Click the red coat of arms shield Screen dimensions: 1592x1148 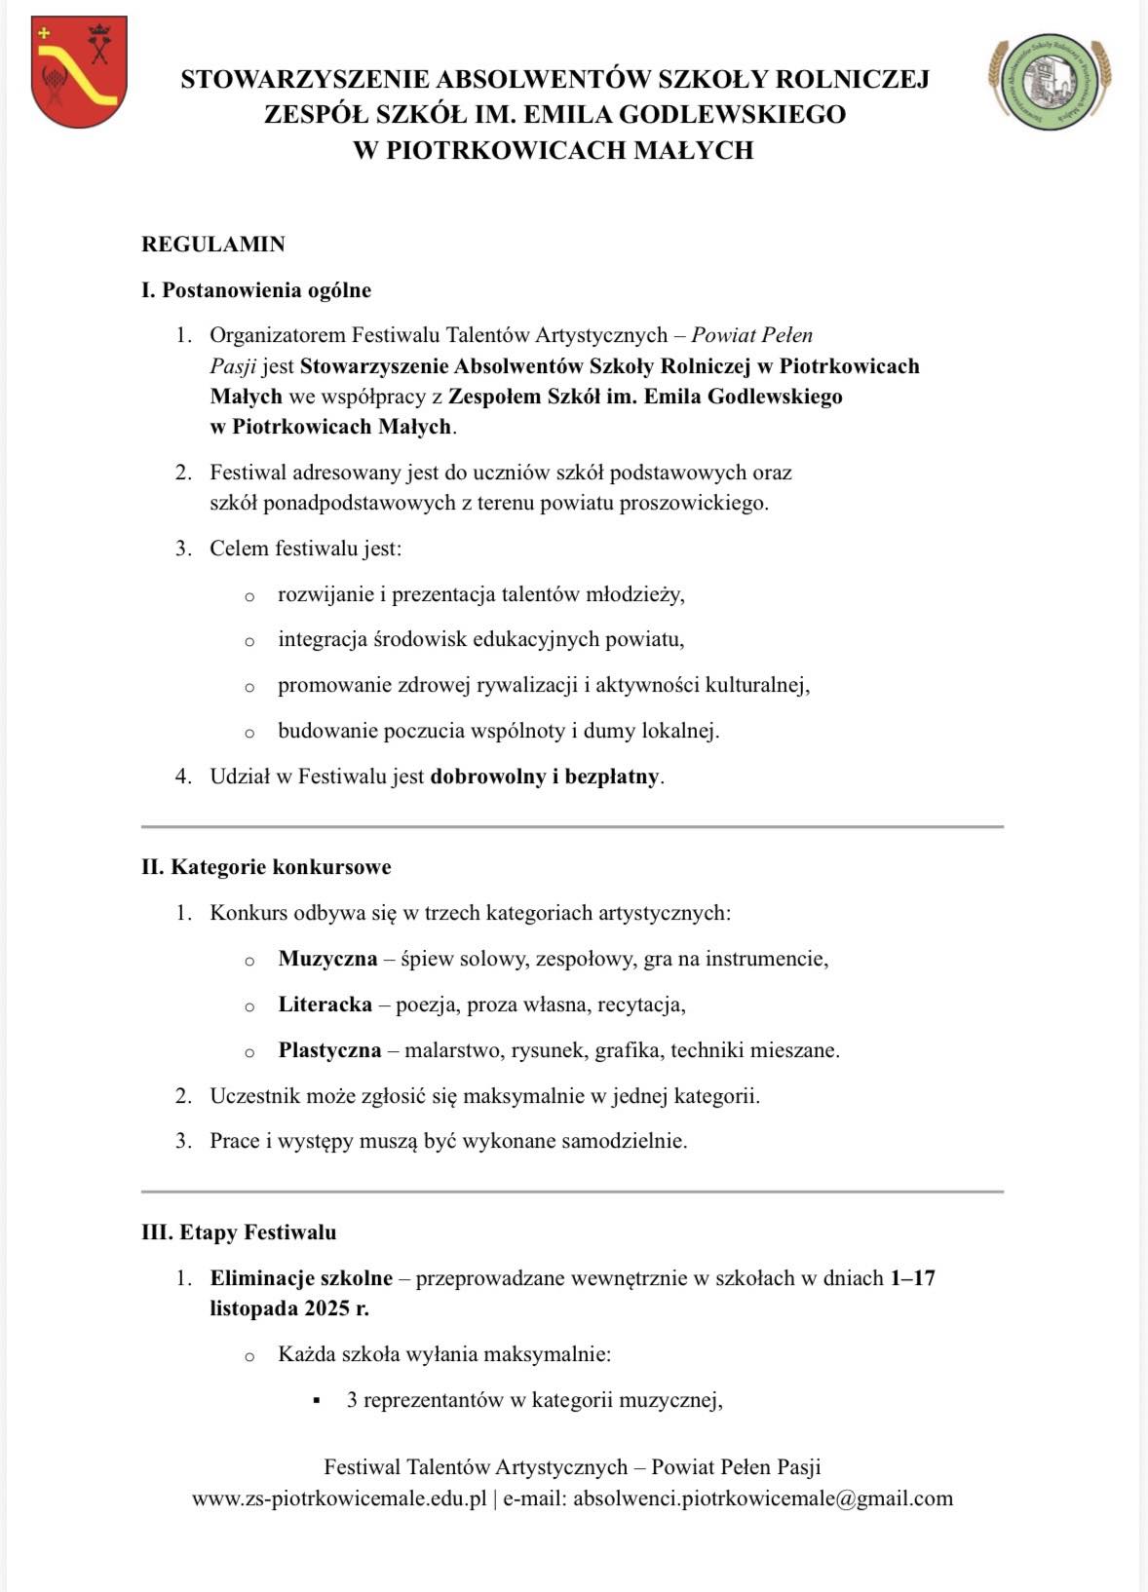(78, 71)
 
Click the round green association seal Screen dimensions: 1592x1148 (1051, 83)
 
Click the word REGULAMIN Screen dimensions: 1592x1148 (213, 245)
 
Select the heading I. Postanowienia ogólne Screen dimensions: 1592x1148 (256, 290)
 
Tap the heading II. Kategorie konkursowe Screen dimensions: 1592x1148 (266, 867)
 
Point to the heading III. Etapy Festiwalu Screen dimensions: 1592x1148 (239, 1232)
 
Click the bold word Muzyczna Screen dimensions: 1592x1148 (327, 959)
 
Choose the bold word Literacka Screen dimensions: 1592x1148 (325, 1004)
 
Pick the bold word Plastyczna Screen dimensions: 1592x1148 (329, 1050)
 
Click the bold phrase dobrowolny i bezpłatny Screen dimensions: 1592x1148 (545, 777)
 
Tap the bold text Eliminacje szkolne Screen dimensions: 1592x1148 (301, 1278)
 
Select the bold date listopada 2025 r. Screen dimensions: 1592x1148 (289, 1308)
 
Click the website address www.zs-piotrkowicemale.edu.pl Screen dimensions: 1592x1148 (339, 1498)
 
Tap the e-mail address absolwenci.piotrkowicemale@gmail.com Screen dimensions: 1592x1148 (762, 1498)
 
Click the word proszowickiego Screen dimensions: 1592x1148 (694, 504)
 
